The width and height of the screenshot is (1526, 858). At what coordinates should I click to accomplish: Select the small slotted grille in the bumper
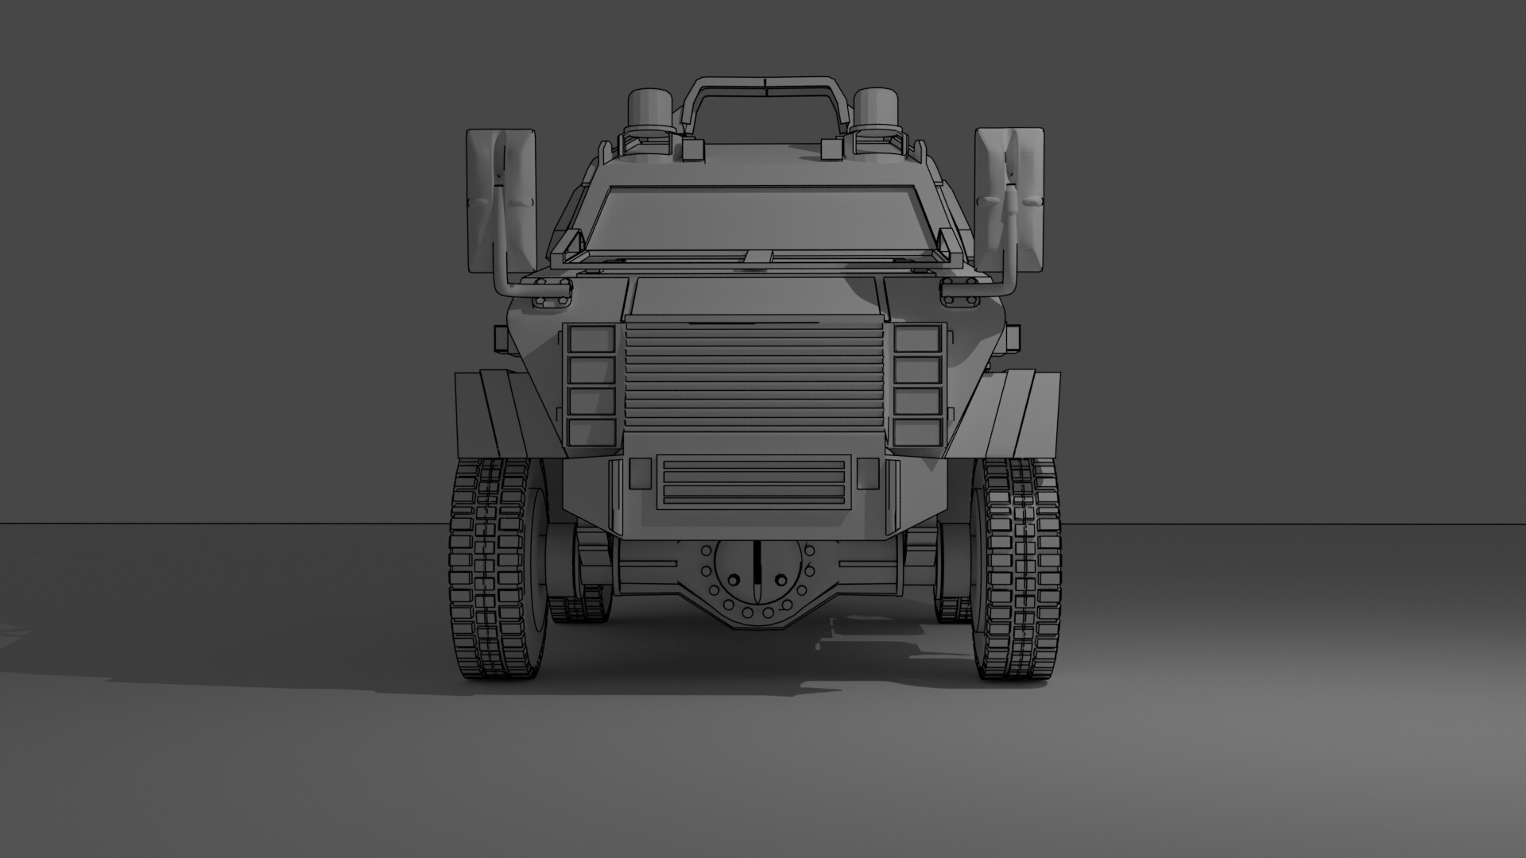coord(752,481)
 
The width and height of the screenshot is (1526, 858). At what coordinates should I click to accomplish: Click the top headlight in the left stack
coord(592,339)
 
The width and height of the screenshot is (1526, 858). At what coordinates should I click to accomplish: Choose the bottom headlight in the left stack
coord(592,432)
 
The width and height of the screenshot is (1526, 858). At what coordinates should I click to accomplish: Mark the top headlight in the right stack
coord(917,339)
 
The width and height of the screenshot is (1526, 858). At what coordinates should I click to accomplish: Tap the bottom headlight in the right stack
coord(917,432)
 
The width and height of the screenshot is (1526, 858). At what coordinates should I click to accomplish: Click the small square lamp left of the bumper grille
coord(640,473)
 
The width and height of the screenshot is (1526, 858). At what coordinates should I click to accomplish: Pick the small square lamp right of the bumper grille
coord(868,473)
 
